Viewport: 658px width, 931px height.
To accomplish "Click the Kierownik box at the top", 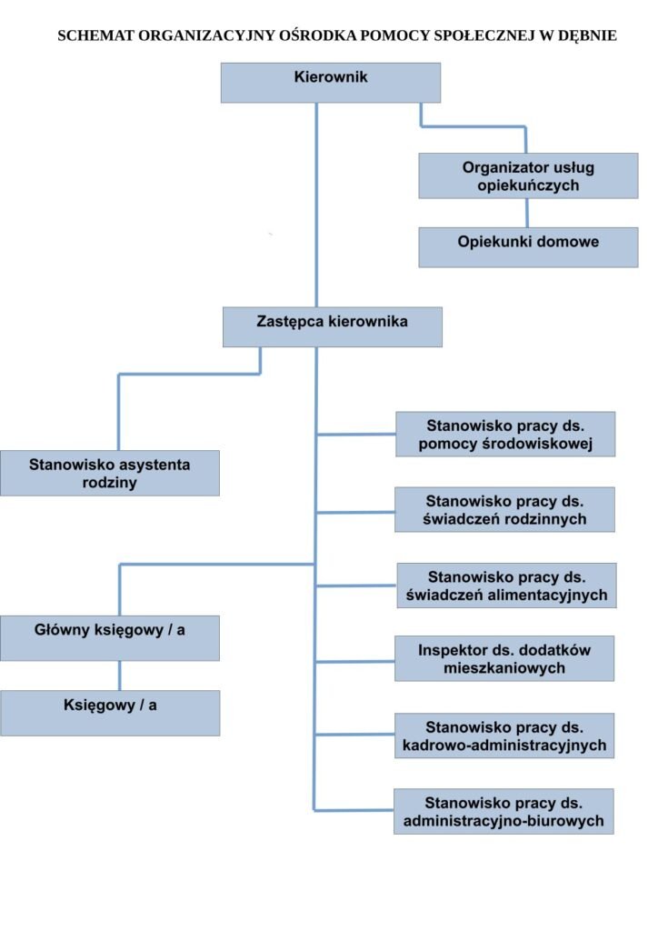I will point(331,82).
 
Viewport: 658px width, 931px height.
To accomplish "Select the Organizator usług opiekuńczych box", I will point(528,175).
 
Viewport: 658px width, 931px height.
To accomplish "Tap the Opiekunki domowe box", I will point(528,246).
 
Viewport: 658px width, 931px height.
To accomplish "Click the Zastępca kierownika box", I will point(332,326).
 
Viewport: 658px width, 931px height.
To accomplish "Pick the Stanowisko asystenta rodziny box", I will point(109,473).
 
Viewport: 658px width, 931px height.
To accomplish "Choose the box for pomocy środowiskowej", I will point(505,435).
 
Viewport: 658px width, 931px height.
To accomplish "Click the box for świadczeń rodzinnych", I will point(504,510).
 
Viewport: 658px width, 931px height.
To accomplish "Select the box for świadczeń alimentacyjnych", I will point(506,586).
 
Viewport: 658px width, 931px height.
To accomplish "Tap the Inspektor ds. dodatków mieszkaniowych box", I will point(504,658).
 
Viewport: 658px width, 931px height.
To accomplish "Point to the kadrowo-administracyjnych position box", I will point(503,736).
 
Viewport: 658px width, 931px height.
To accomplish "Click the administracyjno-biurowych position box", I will point(503,811).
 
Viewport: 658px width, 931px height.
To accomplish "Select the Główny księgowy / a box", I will point(109,637).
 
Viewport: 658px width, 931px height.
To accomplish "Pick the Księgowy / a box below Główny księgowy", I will point(109,713).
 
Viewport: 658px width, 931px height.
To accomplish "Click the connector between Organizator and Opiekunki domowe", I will point(527,213).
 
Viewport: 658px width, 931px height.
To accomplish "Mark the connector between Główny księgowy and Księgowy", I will point(120,676).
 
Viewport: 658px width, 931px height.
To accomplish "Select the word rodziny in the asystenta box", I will point(109,483).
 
